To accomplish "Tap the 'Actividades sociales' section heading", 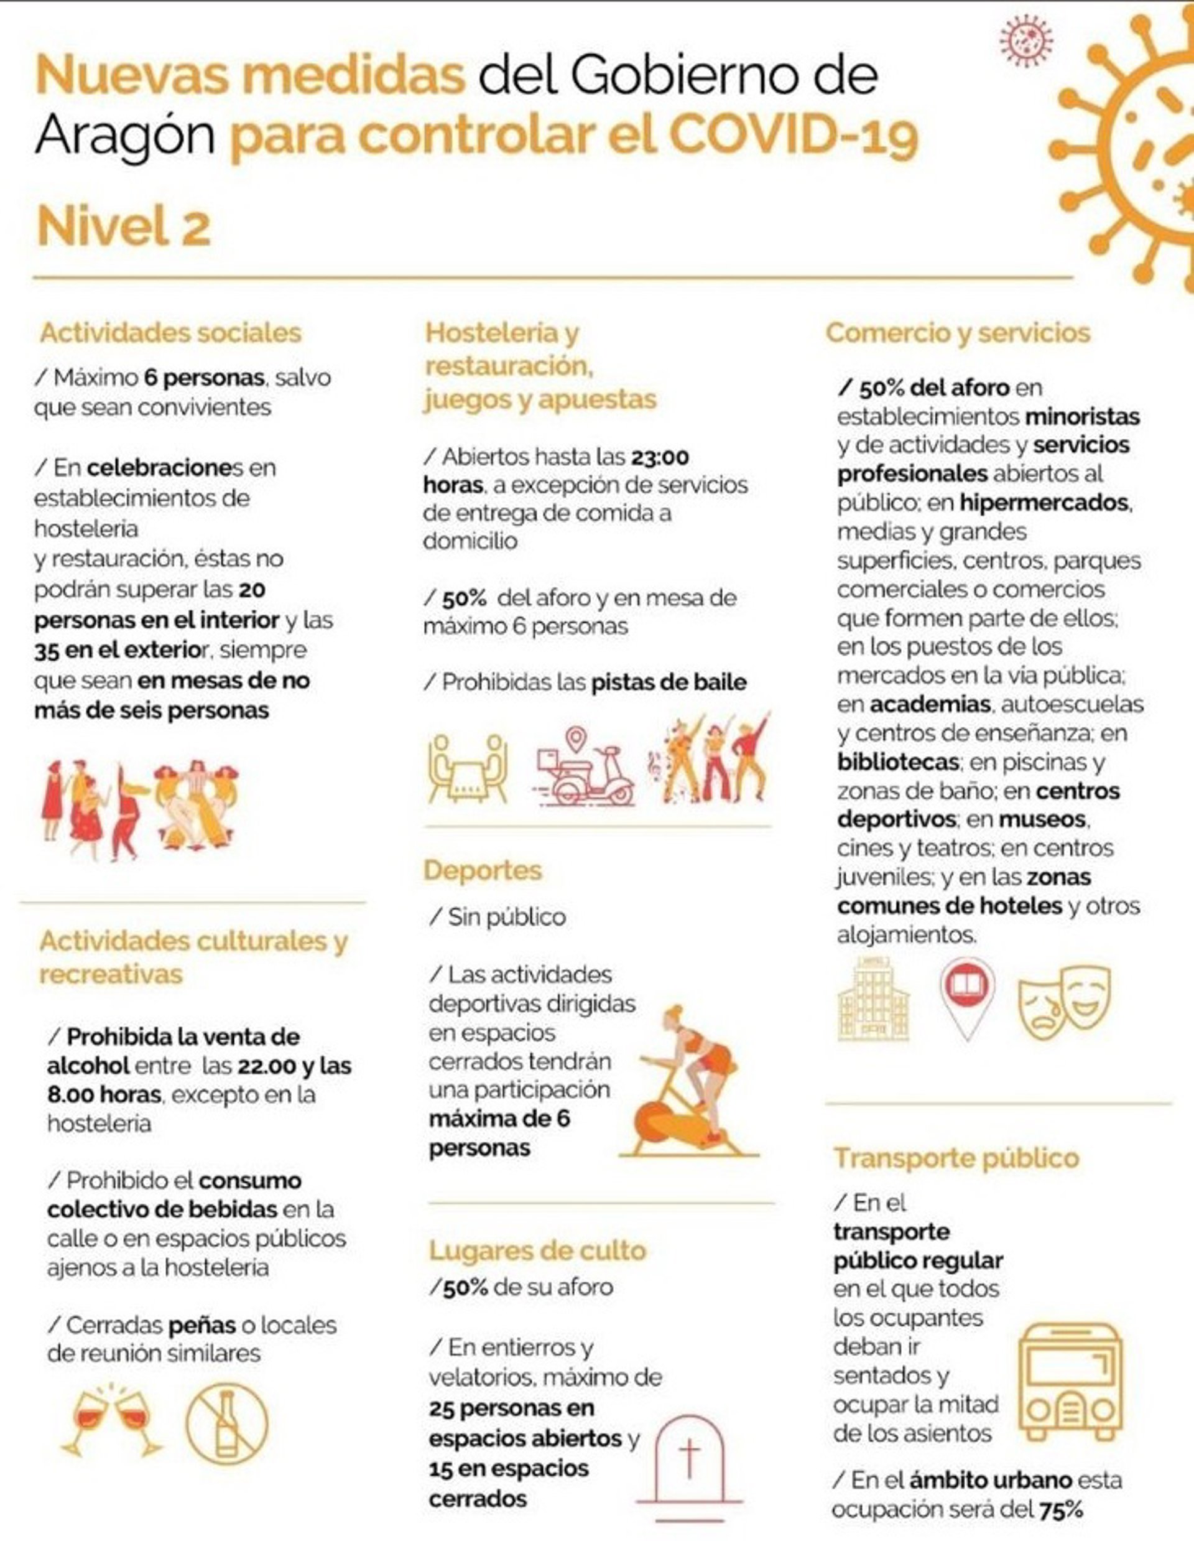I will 170,332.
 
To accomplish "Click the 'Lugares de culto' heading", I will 537,1250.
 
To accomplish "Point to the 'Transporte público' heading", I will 956,1158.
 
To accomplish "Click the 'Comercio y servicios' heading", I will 958,332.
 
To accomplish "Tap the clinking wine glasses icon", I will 113,1422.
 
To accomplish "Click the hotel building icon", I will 873,999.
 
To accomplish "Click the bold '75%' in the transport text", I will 1062,1511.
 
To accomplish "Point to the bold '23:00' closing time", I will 659,457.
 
